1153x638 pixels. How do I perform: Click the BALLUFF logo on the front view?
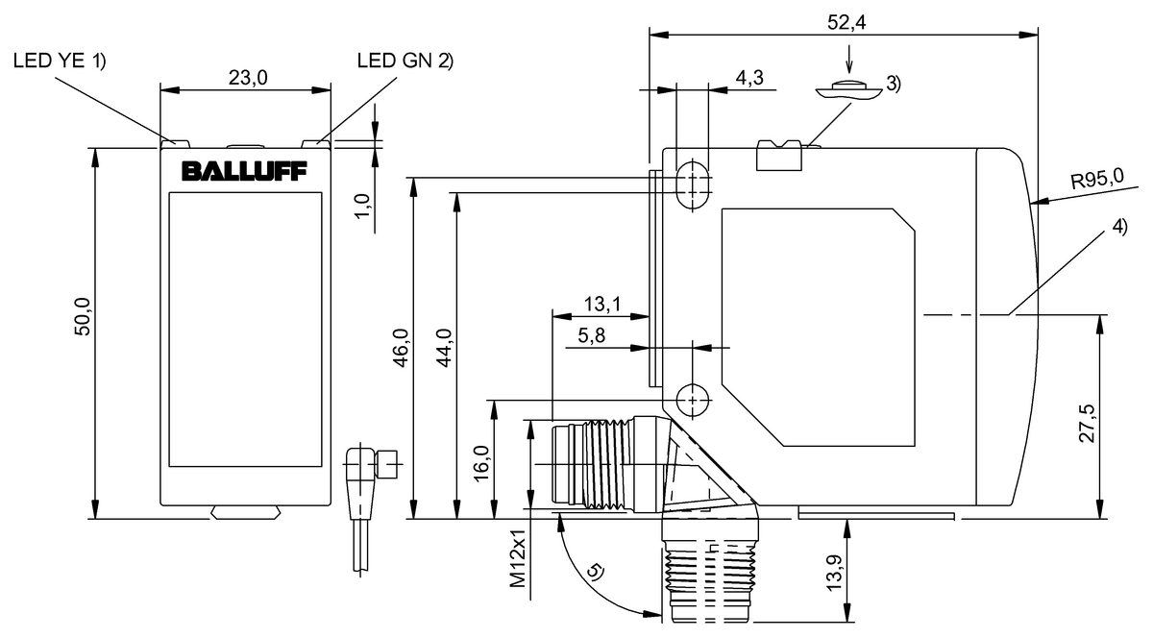point(244,171)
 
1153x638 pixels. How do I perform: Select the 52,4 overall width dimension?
point(846,23)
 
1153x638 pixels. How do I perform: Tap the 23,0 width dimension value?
point(248,78)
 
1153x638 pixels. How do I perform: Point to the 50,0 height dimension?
point(83,317)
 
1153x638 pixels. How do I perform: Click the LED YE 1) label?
point(60,61)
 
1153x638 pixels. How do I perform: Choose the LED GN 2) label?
point(405,61)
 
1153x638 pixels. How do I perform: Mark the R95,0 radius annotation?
point(1097,179)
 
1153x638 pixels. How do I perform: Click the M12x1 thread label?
point(518,557)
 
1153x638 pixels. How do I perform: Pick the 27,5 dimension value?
point(1087,424)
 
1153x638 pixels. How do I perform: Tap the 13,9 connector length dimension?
point(835,573)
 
